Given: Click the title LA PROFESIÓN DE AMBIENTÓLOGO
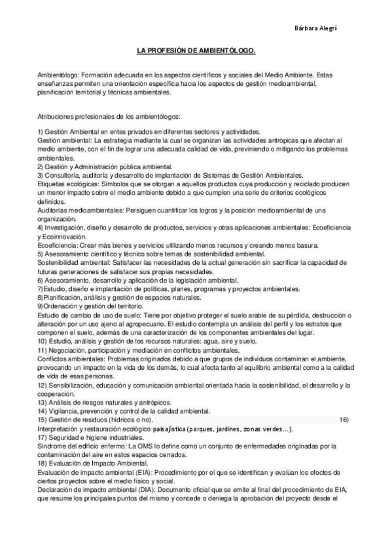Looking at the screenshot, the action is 196,50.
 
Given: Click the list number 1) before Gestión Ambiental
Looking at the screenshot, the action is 41,132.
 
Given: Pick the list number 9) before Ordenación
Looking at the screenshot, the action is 41,305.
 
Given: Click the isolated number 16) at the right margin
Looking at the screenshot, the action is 344,418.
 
